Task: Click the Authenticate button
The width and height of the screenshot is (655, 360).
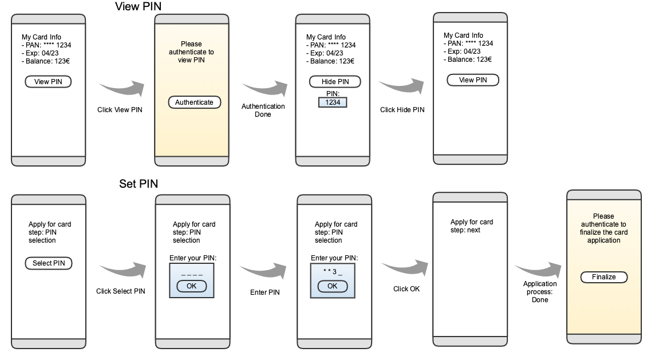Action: tap(194, 102)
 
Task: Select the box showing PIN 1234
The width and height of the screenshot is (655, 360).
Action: tap(333, 102)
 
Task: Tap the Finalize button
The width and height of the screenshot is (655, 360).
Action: tap(604, 277)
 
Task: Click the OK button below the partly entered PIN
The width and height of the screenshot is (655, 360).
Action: tap(332, 286)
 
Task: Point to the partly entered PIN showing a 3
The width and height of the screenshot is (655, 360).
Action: tap(332, 271)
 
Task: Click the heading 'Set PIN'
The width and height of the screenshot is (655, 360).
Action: tap(139, 184)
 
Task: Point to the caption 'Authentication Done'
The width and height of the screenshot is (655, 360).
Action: tap(263, 110)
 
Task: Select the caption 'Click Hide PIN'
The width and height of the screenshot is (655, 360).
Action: tap(403, 110)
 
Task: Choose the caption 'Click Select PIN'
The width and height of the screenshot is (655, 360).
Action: tap(121, 291)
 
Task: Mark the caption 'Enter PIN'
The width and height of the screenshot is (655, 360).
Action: tap(265, 292)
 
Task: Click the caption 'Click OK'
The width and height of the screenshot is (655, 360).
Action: tap(407, 289)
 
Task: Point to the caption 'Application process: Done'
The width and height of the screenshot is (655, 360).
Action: tap(540, 292)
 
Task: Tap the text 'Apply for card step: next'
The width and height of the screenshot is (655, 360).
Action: tap(472, 226)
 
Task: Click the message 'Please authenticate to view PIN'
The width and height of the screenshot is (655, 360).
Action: tap(191, 52)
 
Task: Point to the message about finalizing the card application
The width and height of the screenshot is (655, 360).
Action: tap(603, 228)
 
